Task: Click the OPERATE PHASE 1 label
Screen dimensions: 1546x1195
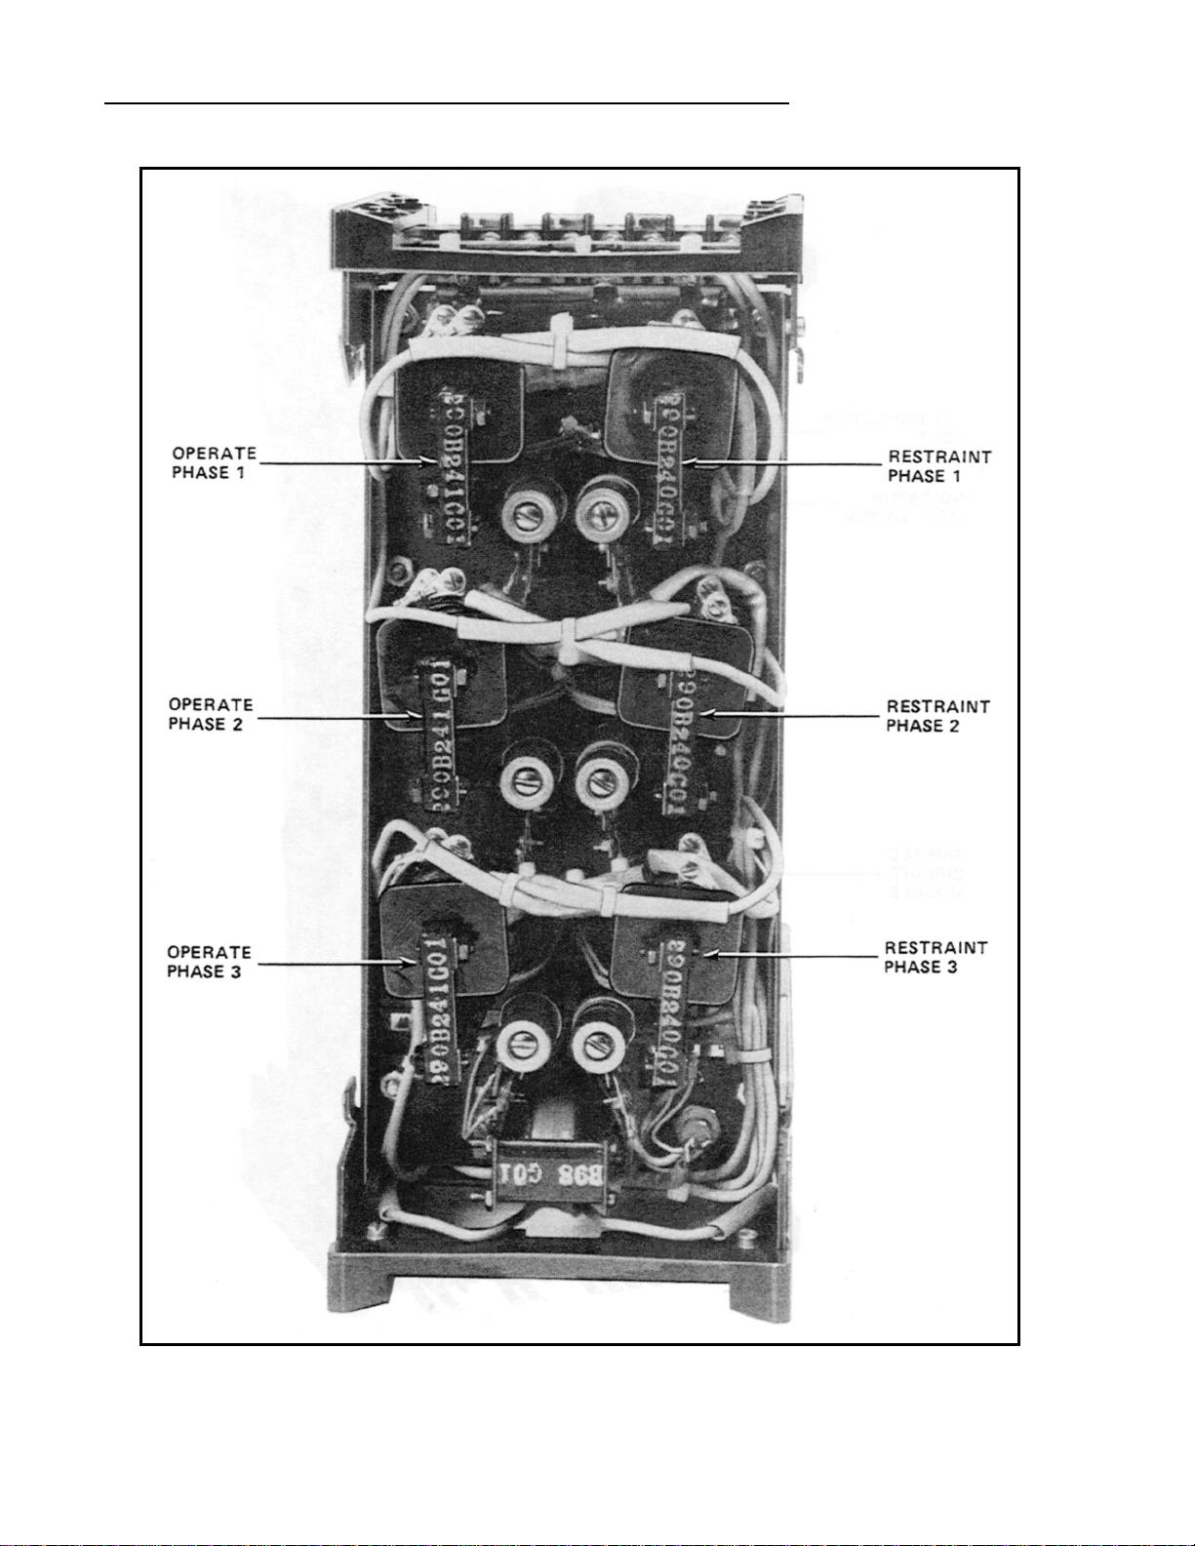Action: [x=214, y=463]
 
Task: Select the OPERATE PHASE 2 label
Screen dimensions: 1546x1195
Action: [x=211, y=714]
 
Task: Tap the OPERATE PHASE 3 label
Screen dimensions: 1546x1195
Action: [x=209, y=962]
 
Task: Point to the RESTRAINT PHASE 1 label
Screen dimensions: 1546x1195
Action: [x=938, y=466]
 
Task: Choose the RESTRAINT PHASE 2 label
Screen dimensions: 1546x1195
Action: [x=937, y=716]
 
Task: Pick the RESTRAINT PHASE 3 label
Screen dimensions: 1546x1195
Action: [x=936, y=957]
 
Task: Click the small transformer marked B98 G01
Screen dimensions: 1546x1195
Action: [x=550, y=1173]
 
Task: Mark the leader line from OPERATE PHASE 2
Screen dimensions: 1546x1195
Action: [x=332, y=719]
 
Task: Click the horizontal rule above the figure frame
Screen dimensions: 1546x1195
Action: [x=446, y=101]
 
